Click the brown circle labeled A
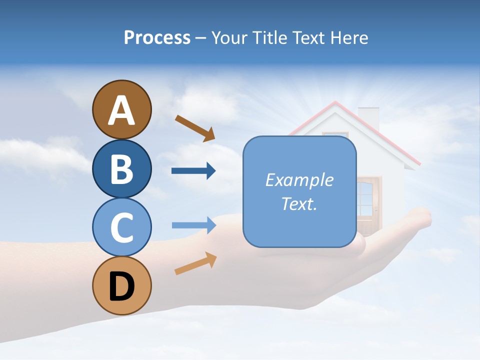(x=121, y=109)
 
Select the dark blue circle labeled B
(x=121, y=168)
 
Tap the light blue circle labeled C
(x=121, y=227)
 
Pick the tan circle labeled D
(x=121, y=285)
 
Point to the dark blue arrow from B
(x=193, y=171)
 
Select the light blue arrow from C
(x=193, y=225)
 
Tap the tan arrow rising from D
(x=195, y=263)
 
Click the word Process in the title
(x=157, y=37)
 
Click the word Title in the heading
(x=270, y=37)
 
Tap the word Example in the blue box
(x=299, y=180)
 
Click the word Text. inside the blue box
(x=299, y=203)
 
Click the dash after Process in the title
(x=201, y=38)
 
